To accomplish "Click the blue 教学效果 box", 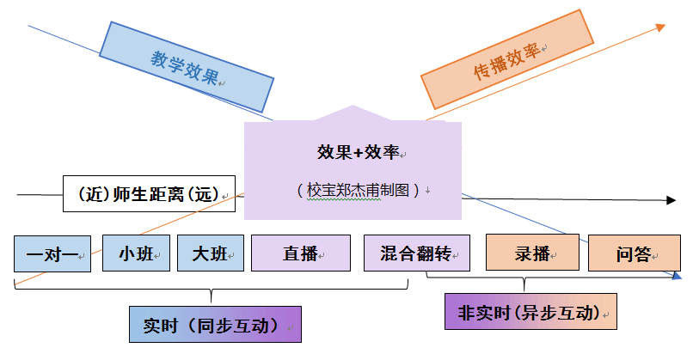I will (x=186, y=66).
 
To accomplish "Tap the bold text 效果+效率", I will (x=358, y=152).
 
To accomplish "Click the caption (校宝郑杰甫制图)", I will (x=358, y=190).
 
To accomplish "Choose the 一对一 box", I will (x=52, y=253).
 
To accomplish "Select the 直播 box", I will (x=300, y=253).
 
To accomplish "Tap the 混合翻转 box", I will (x=417, y=253).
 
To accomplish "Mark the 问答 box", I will (x=634, y=253).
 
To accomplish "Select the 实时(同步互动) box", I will (x=215, y=325).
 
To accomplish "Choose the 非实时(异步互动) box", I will (x=530, y=312).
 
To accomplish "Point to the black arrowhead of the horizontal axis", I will (x=671, y=201).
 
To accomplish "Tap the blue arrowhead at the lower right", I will (x=676, y=277).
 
